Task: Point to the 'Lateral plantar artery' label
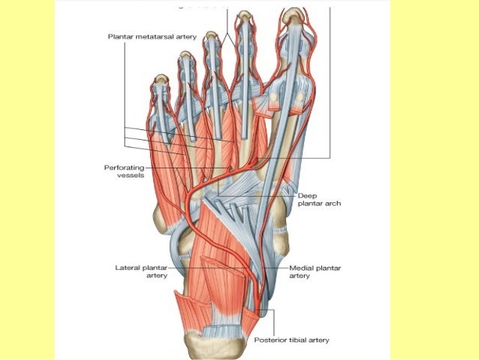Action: click(x=143, y=271)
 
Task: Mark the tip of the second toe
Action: click(x=243, y=15)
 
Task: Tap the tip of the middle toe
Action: click(x=213, y=36)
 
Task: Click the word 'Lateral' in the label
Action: click(x=131, y=267)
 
